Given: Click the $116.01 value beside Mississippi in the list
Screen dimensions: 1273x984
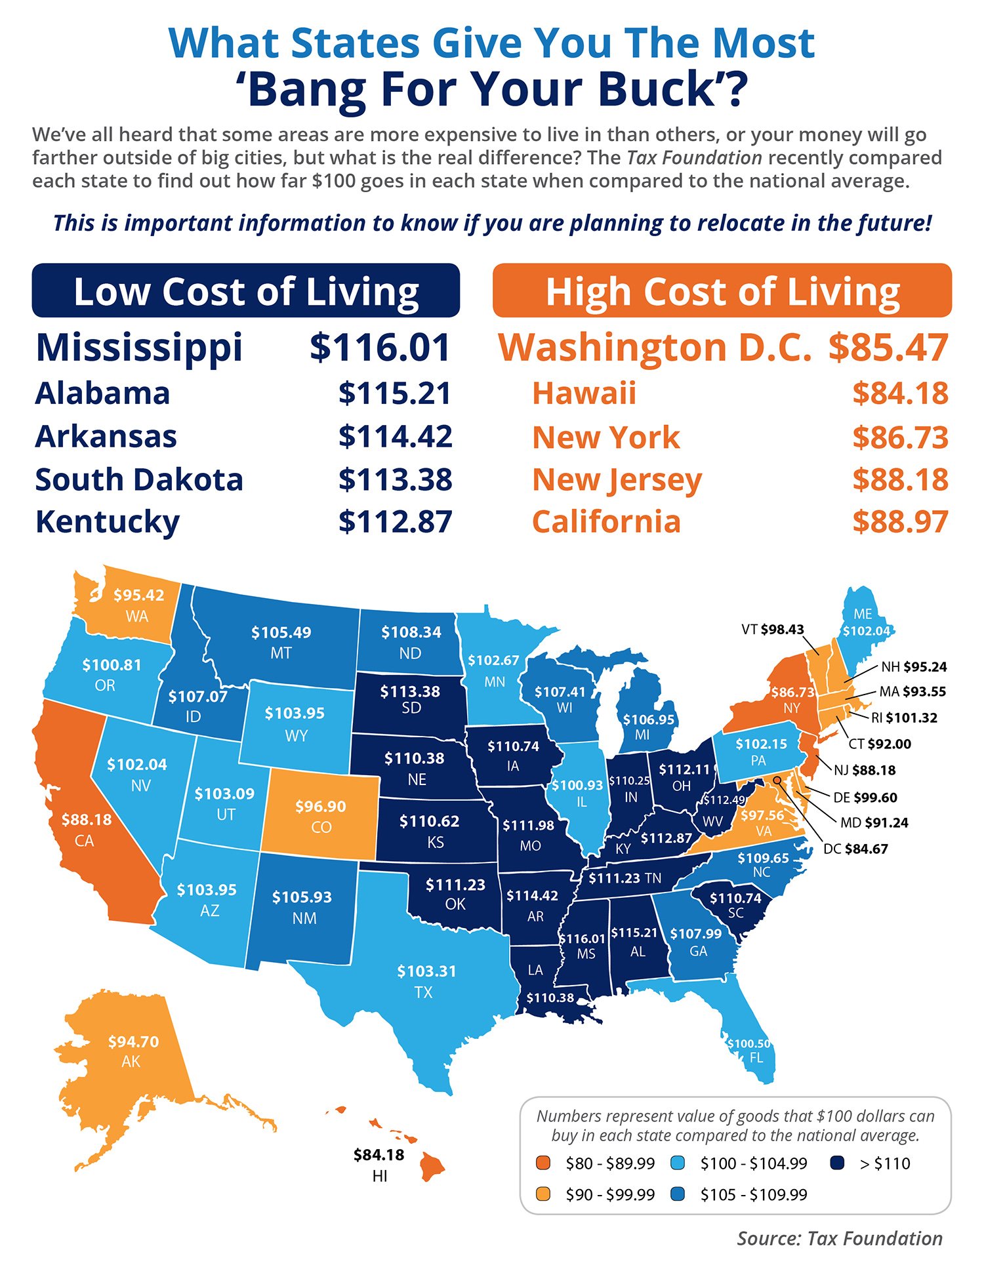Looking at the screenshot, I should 380,348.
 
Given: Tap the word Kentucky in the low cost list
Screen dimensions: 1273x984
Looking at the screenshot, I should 107,522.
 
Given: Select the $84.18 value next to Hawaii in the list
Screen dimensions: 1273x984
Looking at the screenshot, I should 900,394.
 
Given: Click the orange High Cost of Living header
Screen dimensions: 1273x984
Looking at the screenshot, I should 722,291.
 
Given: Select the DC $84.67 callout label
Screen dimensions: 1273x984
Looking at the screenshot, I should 855,849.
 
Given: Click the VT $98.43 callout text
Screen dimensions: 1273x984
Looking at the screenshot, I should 772,630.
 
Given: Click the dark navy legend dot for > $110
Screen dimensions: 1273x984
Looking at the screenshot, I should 836,1163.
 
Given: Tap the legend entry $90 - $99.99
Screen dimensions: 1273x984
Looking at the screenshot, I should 609,1194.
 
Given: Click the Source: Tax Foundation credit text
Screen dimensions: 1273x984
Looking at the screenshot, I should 839,1238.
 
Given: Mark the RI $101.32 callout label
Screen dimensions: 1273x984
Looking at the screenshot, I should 904,717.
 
